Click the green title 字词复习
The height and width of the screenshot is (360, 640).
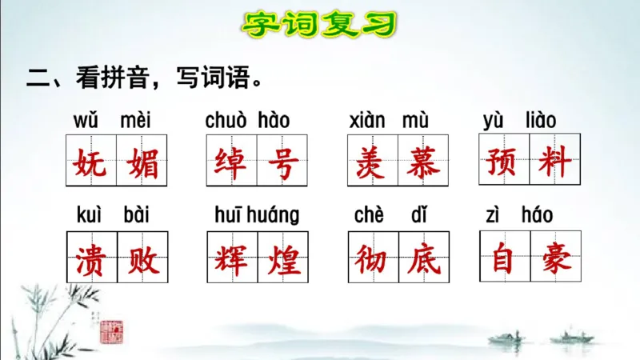tap(319, 24)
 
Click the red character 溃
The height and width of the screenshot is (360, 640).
tap(91, 258)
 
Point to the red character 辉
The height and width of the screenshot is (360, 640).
tap(231, 258)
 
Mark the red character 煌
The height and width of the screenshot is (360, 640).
tap(282, 258)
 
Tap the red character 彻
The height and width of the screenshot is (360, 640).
tap(373, 258)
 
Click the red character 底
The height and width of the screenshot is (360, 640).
tap(424, 258)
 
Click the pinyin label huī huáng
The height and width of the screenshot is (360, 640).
tap(257, 215)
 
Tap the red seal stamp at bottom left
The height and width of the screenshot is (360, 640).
tap(110, 330)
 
